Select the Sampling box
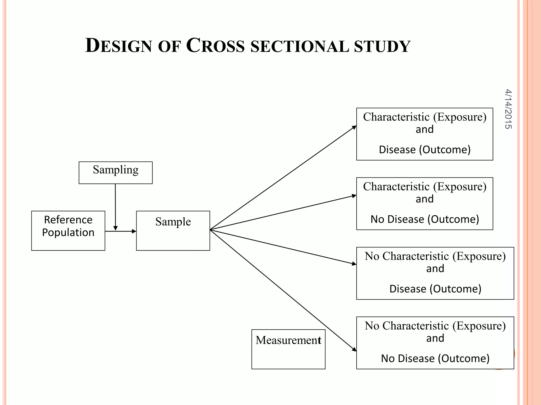tap(115, 172)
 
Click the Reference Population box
tap(68, 230)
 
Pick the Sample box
tap(173, 230)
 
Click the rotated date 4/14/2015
tap(508, 109)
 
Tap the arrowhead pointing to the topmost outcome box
tap(354, 127)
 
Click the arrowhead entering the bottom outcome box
tap(354, 349)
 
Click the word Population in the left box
tap(68, 233)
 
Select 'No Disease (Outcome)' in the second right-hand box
tap(425, 219)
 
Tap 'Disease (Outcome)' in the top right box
tap(425, 150)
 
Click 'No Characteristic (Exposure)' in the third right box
tap(435, 256)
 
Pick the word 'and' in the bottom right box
tap(435, 338)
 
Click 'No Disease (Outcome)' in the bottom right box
tap(435, 358)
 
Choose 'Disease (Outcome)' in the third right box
tap(435, 289)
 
